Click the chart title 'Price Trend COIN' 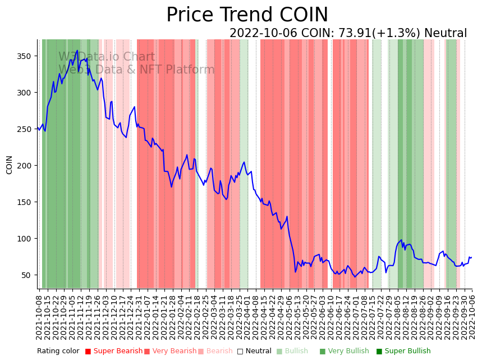point(247,15)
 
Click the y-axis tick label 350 point(23,56)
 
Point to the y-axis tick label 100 point(23,239)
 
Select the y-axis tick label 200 point(23,166)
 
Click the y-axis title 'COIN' point(9,165)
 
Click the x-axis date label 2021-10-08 point(39,318)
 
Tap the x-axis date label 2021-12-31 point(139,318)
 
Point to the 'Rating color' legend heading point(58,352)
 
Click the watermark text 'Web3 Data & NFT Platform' point(136,70)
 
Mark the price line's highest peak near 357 point(77,51)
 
